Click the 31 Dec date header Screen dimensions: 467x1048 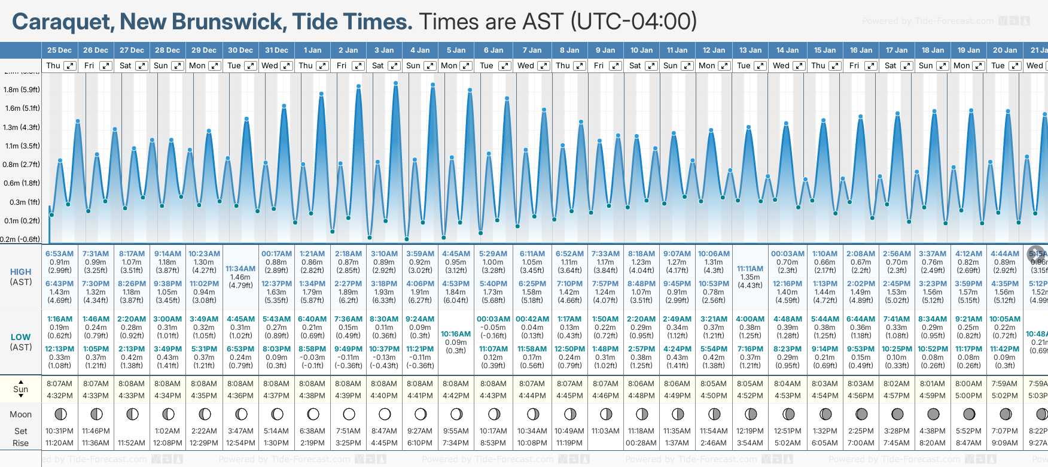(x=276, y=50)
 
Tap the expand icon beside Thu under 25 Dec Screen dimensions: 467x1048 (x=70, y=66)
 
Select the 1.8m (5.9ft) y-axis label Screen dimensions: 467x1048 (x=22, y=90)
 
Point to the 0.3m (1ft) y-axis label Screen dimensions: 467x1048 (x=22, y=202)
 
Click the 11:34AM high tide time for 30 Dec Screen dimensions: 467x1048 (x=240, y=269)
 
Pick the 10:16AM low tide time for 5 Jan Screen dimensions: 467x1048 (x=456, y=334)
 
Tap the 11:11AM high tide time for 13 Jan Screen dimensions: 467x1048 (x=750, y=269)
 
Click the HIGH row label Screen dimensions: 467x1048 (x=21, y=272)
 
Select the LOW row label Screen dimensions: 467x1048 (x=21, y=337)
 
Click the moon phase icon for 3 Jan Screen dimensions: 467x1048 (x=385, y=414)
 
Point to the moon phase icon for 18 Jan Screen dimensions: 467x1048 (x=933, y=414)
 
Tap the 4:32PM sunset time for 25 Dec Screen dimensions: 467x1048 (x=59, y=396)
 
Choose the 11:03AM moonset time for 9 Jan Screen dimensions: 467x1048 (x=605, y=431)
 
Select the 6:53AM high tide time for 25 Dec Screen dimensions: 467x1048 (x=59, y=254)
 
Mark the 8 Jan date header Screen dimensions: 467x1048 (x=569, y=50)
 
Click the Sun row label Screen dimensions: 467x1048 (x=21, y=389)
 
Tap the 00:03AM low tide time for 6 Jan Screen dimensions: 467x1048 (x=493, y=319)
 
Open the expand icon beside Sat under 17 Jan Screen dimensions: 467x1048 (x=907, y=66)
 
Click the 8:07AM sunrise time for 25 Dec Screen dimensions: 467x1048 (x=59, y=384)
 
